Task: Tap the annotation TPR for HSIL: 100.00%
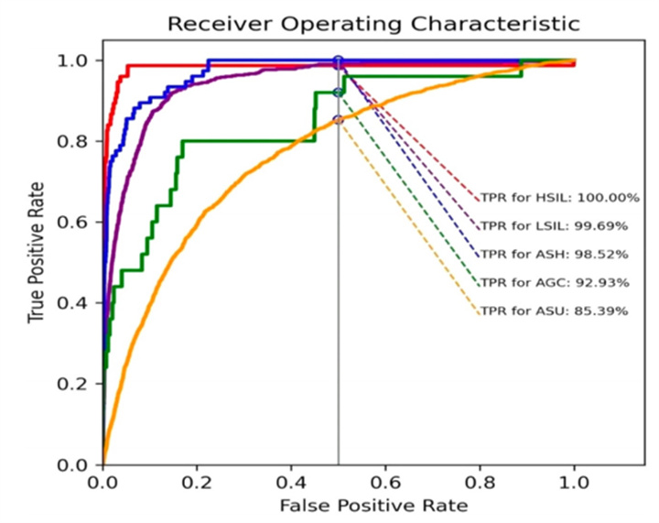pos(559,197)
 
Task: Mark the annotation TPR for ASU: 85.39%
pos(555,311)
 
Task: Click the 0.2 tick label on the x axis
pos(197,482)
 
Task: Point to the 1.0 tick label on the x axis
pos(575,482)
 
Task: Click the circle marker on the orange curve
pos(339,120)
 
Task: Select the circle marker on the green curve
pos(339,92)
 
